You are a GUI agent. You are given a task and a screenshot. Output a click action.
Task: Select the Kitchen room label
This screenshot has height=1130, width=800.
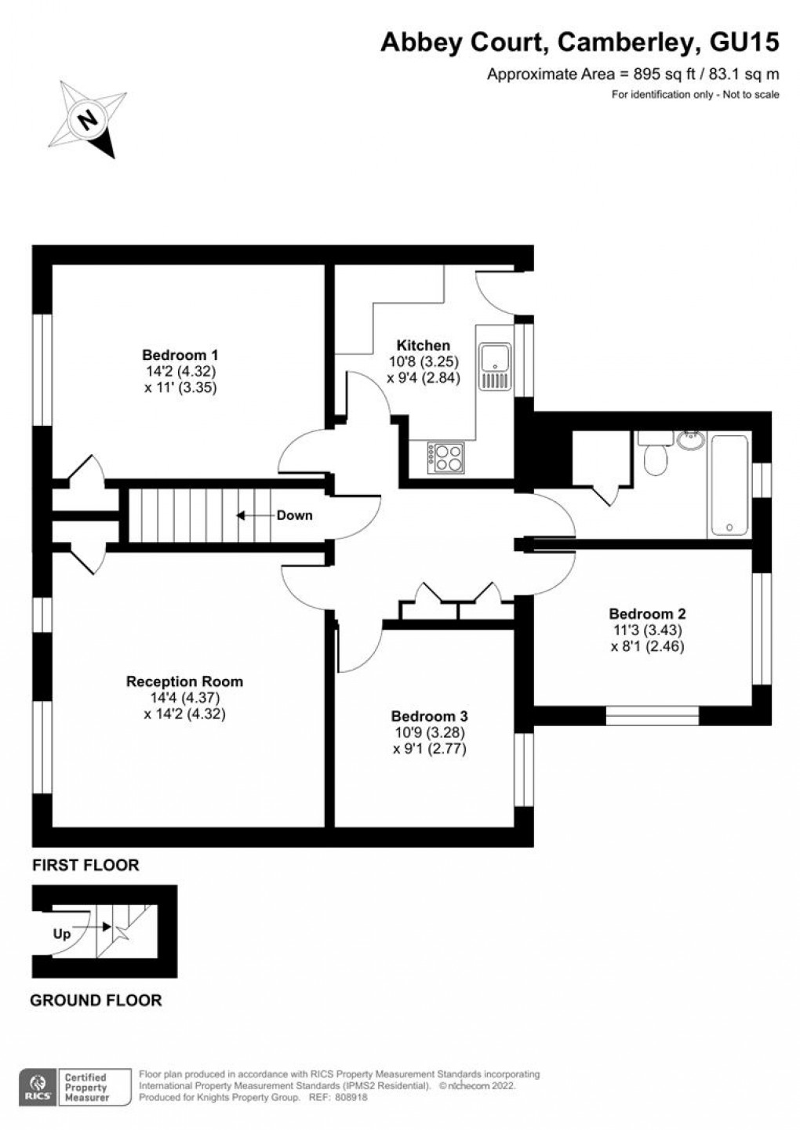tap(423, 345)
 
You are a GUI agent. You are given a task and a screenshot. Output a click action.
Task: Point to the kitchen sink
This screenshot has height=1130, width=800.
tap(495, 365)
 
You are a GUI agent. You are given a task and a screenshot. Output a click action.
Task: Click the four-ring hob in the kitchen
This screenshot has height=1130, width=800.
tap(445, 457)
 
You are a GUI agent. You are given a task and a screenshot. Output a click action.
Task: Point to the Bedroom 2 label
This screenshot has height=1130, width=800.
tap(647, 614)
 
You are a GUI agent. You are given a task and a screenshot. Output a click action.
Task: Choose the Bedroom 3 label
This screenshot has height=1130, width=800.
tap(429, 716)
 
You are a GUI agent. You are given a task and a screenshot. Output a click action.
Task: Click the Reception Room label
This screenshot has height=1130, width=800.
tap(184, 681)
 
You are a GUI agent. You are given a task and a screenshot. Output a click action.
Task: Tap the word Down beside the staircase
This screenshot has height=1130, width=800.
tap(294, 515)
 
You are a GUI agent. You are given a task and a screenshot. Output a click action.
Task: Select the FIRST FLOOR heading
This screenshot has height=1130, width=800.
tap(85, 866)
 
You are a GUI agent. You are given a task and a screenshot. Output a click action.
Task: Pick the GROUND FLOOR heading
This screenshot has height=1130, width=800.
tap(96, 1000)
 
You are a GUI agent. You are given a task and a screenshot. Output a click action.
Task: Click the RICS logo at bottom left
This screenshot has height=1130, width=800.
tap(36, 1088)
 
